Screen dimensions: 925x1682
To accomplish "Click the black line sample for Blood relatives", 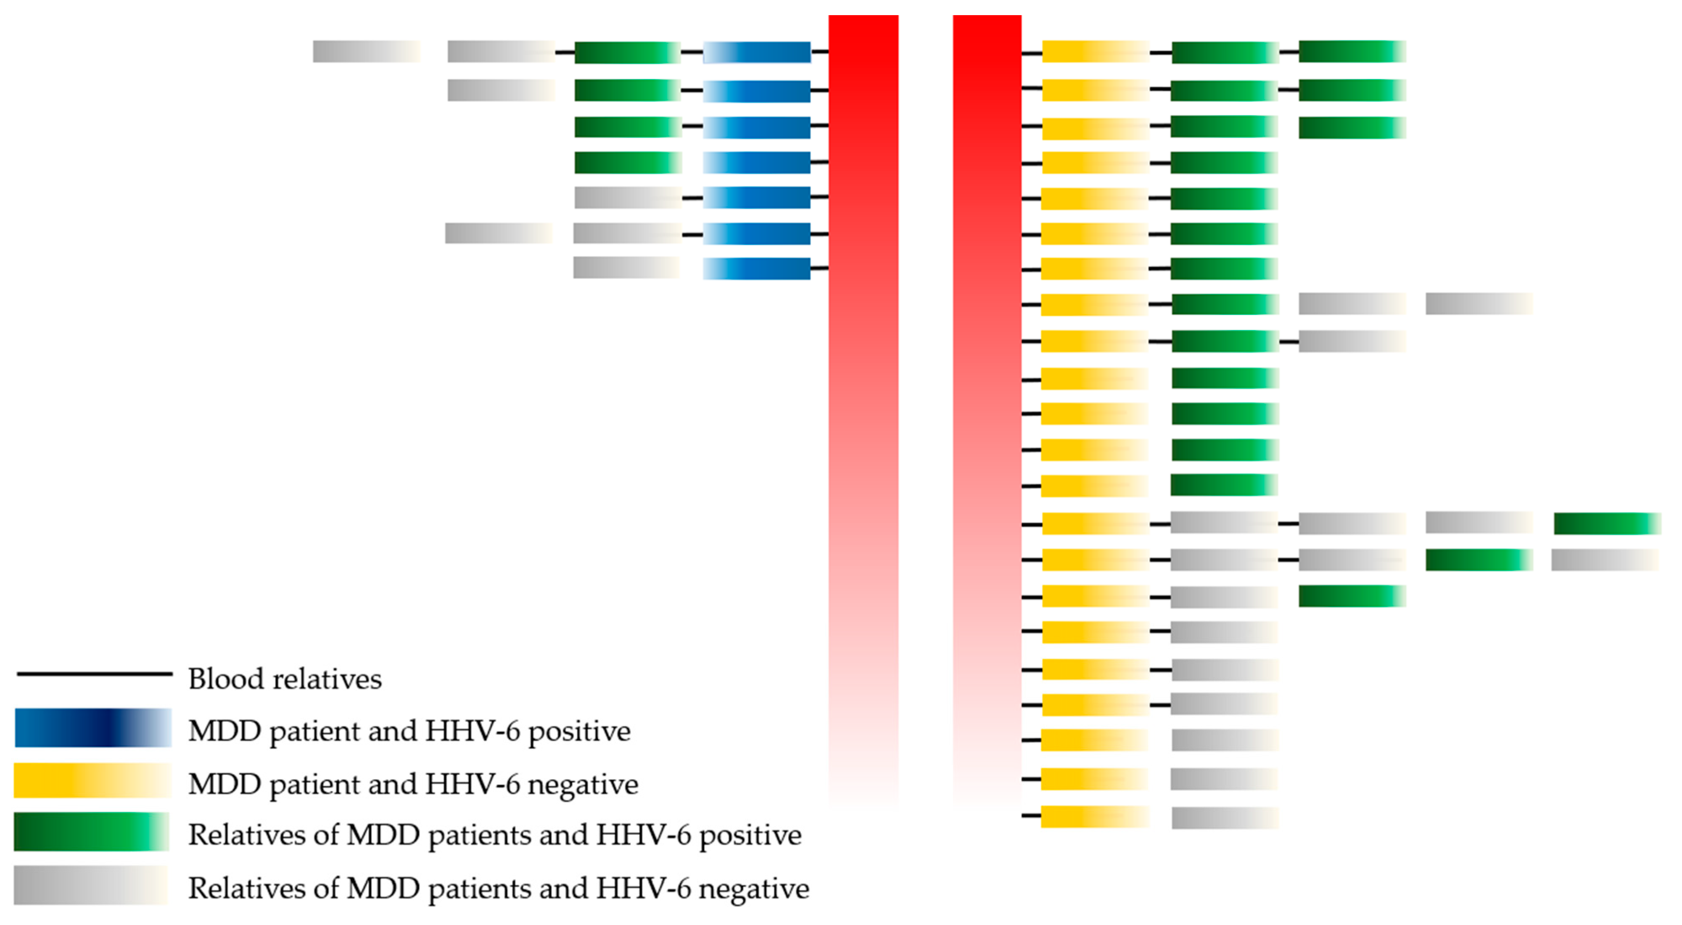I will [95, 674].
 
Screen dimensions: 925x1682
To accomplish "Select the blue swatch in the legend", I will [93, 728].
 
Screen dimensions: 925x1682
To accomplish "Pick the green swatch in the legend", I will [91, 832].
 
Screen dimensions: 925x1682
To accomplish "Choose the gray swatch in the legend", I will [91, 886].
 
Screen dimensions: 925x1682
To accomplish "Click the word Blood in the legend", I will [226, 679].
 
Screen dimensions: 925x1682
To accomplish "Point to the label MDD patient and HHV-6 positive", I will [409, 732].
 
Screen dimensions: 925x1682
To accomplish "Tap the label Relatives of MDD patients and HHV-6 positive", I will [495, 835].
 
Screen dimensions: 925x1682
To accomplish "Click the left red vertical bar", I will [863, 405].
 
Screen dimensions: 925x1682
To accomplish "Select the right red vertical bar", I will [987, 405].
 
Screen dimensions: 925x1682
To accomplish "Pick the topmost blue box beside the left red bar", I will [757, 52].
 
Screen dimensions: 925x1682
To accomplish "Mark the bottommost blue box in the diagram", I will [757, 269].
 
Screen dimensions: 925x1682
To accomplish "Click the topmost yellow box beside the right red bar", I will [1095, 52].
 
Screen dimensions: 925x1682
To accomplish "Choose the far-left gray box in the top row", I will [367, 52].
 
